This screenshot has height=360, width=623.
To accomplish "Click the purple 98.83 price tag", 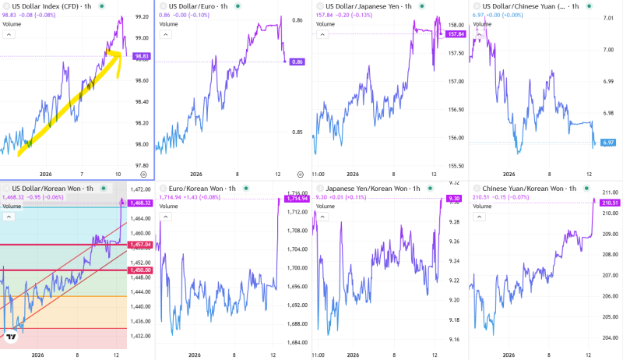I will click(x=142, y=56).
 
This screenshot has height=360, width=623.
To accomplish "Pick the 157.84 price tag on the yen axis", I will click(x=456, y=34).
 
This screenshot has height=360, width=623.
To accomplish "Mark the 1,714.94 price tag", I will click(x=297, y=199).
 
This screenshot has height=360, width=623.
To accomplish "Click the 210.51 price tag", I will click(x=610, y=203).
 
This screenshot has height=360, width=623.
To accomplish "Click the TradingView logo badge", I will click(x=11, y=337).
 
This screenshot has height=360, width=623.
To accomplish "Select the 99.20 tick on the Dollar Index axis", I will click(x=142, y=16).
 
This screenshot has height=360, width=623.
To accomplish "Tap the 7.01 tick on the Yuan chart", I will click(x=608, y=15).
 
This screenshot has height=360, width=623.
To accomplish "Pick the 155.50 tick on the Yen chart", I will click(x=455, y=166).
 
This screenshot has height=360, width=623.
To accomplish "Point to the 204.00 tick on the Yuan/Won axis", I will click(x=610, y=337).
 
